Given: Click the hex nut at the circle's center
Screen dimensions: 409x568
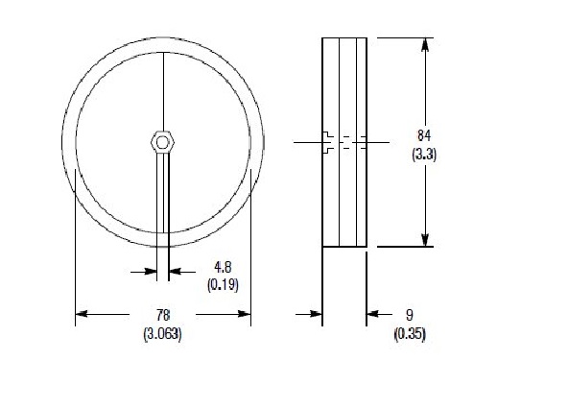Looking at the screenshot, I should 163,143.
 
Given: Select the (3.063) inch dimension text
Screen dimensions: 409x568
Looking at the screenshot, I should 162,334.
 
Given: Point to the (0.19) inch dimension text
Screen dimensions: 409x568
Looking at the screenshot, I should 223,285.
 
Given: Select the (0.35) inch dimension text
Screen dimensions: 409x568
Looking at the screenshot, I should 410,334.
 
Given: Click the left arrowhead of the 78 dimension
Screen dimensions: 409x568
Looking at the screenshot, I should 82,314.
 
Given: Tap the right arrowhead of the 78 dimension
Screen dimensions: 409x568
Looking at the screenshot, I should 244,314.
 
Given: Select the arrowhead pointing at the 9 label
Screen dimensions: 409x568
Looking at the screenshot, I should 373,314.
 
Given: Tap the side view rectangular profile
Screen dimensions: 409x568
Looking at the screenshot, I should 344,192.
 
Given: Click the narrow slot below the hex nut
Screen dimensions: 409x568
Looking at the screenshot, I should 164,202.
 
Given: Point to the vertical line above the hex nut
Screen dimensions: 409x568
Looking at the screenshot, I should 164,91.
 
